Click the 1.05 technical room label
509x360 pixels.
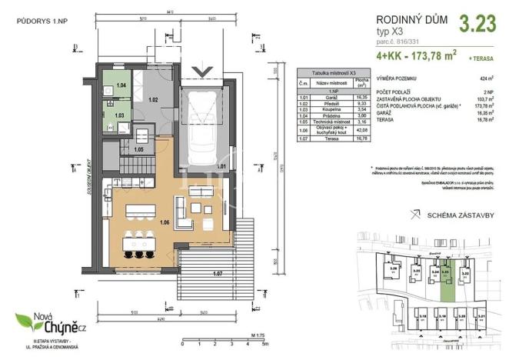(x=139, y=149)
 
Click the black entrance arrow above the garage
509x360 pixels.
(x=204, y=72)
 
